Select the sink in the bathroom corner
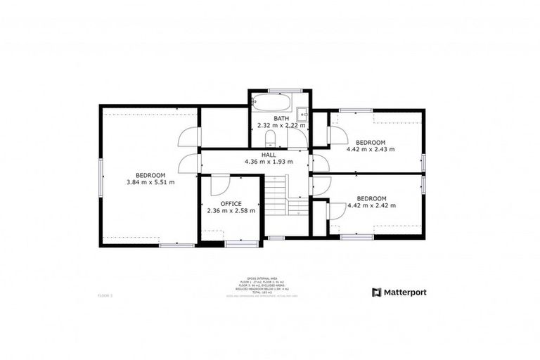pos(303,114)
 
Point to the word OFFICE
pos(231,204)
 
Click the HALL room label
pos(269,155)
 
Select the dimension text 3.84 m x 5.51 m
pos(150,182)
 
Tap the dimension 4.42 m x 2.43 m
pos(371,149)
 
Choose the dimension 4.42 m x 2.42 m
pos(371,205)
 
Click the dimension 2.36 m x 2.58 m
pos(231,211)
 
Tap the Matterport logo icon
pos(377,292)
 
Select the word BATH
pos(281,118)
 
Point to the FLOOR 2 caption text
pos(105,296)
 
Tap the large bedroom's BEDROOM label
pos(150,175)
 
